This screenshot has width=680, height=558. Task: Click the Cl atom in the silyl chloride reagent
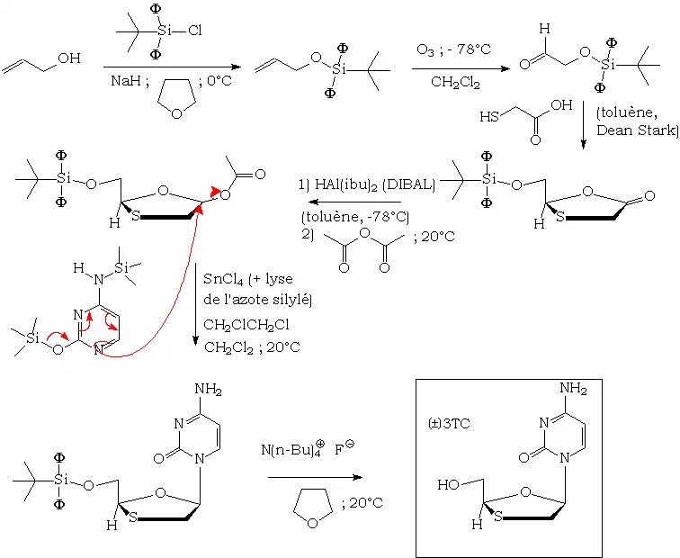[194, 31]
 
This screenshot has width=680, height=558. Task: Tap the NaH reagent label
[125, 80]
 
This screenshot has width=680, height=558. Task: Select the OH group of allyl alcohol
[68, 58]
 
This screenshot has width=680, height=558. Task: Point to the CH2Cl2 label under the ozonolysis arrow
[454, 84]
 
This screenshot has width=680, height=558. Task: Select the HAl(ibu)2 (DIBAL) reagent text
[366, 185]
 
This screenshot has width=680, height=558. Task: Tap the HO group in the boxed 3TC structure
[449, 484]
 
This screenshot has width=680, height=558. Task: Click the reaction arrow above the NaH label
[171, 67]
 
